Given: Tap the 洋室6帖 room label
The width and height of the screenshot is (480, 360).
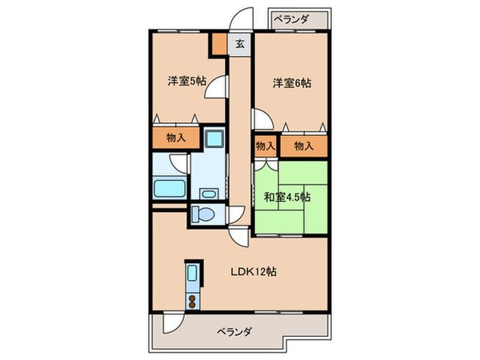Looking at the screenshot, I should (291, 82).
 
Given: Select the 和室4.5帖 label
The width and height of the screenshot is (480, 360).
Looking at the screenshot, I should (288, 196).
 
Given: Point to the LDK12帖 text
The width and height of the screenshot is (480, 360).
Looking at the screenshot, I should (256, 270).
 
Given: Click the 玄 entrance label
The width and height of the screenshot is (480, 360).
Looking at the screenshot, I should (239, 45).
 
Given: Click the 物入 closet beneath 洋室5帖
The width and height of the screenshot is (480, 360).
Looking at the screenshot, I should (177, 138).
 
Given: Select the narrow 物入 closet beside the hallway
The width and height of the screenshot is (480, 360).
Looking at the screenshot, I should (266, 146).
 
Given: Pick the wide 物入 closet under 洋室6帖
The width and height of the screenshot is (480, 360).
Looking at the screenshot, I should (303, 146).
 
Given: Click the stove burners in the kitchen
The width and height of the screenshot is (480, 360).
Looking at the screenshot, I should (193, 300).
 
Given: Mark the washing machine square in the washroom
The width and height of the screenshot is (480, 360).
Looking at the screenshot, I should (214, 138).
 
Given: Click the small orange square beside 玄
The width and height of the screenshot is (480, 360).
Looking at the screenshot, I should (218, 43).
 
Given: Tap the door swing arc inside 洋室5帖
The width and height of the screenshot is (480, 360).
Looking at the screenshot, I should (214, 87).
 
